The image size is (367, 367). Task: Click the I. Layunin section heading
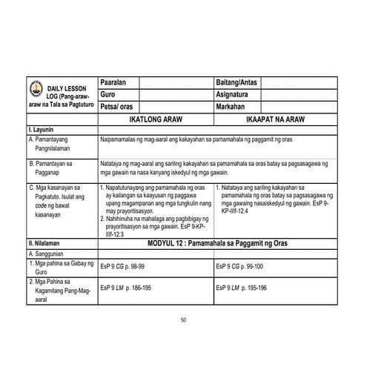[x=41, y=130]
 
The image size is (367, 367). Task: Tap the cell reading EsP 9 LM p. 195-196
[x=240, y=286]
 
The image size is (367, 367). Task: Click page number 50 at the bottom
[x=183, y=320]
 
